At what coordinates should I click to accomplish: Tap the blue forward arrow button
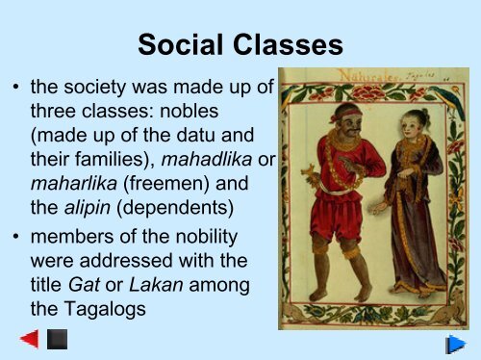[x=456, y=343]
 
